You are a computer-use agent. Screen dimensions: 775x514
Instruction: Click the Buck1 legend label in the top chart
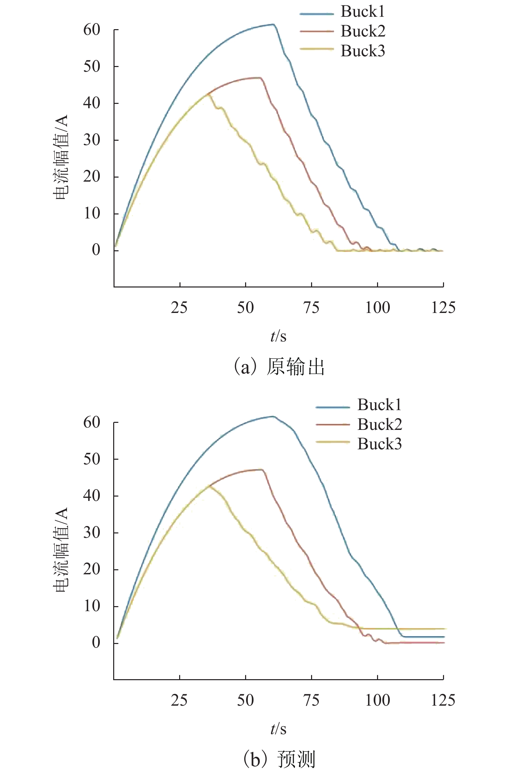pyautogui.click(x=363, y=12)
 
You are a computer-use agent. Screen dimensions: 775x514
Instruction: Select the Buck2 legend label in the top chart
pyautogui.click(x=363, y=31)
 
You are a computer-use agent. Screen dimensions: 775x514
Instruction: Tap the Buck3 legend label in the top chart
pyautogui.click(x=363, y=51)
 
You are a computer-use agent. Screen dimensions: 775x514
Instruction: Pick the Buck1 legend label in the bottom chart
pyautogui.click(x=379, y=405)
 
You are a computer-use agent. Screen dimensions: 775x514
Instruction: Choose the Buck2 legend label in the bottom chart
pyautogui.click(x=379, y=425)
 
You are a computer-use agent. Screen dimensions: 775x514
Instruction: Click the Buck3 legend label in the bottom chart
pyautogui.click(x=379, y=444)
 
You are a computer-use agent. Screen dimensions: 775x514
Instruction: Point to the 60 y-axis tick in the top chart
pyautogui.click(x=92, y=30)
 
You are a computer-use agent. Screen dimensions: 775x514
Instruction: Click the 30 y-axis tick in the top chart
pyautogui.click(x=92, y=140)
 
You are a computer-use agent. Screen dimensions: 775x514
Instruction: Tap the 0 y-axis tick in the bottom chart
pyautogui.click(x=96, y=643)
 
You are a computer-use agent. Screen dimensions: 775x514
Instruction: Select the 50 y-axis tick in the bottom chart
pyautogui.click(x=92, y=459)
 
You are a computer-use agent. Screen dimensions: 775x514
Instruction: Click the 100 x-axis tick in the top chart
pyautogui.click(x=377, y=308)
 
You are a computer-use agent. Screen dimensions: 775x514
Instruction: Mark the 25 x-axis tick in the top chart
pyautogui.click(x=179, y=308)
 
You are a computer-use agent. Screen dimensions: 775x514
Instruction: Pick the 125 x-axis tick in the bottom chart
pyautogui.click(x=443, y=700)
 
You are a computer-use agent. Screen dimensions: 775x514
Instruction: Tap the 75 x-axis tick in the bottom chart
pyautogui.click(x=311, y=700)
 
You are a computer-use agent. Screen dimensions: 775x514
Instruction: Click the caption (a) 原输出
pyautogui.click(x=279, y=367)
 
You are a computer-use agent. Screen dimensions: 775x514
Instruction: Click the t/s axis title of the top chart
pyautogui.click(x=278, y=336)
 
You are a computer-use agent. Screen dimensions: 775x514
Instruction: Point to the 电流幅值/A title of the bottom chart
pyautogui.click(x=61, y=550)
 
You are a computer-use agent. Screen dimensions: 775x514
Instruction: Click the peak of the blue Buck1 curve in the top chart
pyautogui.click(x=273, y=24)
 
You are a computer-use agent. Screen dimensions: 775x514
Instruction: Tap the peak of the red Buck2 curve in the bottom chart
pyautogui.click(x=261, y=469)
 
